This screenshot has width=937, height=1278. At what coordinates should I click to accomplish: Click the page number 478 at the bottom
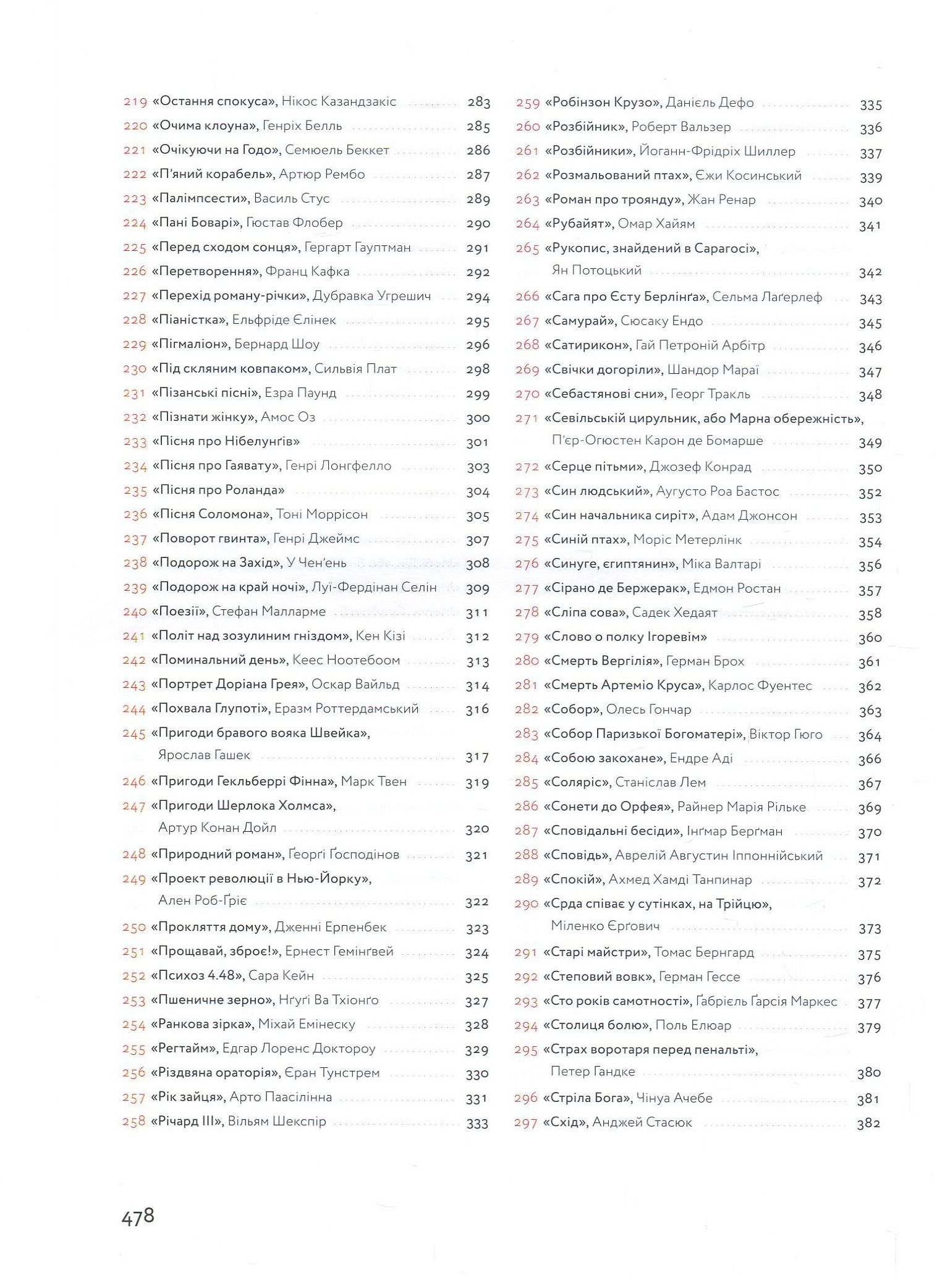137,1217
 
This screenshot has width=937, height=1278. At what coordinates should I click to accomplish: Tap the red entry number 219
135,102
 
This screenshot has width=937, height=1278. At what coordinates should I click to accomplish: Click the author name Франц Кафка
307,271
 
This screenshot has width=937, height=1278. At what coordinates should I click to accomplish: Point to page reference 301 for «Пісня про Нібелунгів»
477,442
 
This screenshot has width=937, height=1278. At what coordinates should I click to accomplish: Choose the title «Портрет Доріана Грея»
229,685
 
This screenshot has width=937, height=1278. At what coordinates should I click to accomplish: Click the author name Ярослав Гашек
205,755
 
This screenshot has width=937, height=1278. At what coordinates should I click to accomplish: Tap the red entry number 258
134,1122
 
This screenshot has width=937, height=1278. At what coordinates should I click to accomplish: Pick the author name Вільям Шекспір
277,1122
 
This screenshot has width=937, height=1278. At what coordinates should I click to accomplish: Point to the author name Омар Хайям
656,224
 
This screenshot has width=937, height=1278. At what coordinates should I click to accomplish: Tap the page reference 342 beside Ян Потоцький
870,273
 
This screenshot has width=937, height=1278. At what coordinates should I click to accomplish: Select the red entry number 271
527,419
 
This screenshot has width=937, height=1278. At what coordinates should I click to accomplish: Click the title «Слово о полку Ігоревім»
625,637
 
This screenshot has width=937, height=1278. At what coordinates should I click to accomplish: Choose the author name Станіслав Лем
660,783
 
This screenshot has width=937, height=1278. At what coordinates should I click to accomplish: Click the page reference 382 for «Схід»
868,1124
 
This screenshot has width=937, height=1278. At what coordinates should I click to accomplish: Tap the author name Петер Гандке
592,1072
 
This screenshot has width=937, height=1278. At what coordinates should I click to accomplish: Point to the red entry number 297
525,1123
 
